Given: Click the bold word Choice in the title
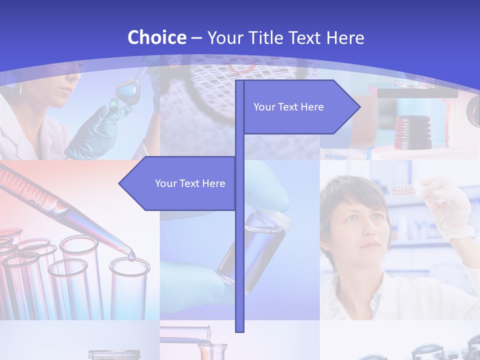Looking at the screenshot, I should (x=156, y=37).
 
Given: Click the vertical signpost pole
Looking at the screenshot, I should (x=239, y=250).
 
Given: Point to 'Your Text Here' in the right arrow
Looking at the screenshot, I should (x=288, y=107).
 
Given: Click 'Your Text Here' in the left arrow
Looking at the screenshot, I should (x=190, y=183).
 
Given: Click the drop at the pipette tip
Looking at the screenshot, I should (x=131, y=256).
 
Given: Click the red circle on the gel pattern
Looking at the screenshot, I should (x=241, y=65).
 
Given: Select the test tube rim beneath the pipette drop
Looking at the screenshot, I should (x=129, y=265).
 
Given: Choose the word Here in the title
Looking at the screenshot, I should (x=345, y=38).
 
